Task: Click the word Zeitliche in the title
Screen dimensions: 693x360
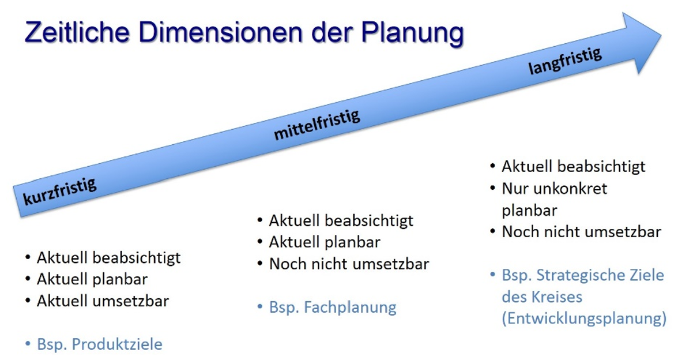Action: (x=77, y=32)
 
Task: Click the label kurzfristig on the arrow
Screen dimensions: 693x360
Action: (x=60, y=192)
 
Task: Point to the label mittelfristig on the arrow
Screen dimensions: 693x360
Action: (x=317, y=125)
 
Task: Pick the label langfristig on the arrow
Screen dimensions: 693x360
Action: (x=565, y=61)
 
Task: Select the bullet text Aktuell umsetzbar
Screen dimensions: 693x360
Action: (x=103, y=301)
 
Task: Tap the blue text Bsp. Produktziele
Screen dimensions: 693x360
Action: (x=100, y=344)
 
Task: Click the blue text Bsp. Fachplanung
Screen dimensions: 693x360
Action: (x=333, y=307)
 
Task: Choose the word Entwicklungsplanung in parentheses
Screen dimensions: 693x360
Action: (x=584, y=319)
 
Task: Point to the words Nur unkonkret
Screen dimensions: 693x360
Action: (x=555, y=189)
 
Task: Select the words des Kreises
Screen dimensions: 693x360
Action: (x=542, y=297)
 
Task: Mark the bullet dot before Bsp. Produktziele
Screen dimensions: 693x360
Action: (x=28, y=343)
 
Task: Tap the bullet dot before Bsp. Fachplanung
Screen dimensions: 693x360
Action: (x=260, y=306)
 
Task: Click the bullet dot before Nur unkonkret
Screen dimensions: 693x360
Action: (x=493, y=188)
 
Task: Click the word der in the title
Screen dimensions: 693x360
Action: (x=332, y=32)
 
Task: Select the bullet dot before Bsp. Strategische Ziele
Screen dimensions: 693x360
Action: (x=493, y=274)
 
